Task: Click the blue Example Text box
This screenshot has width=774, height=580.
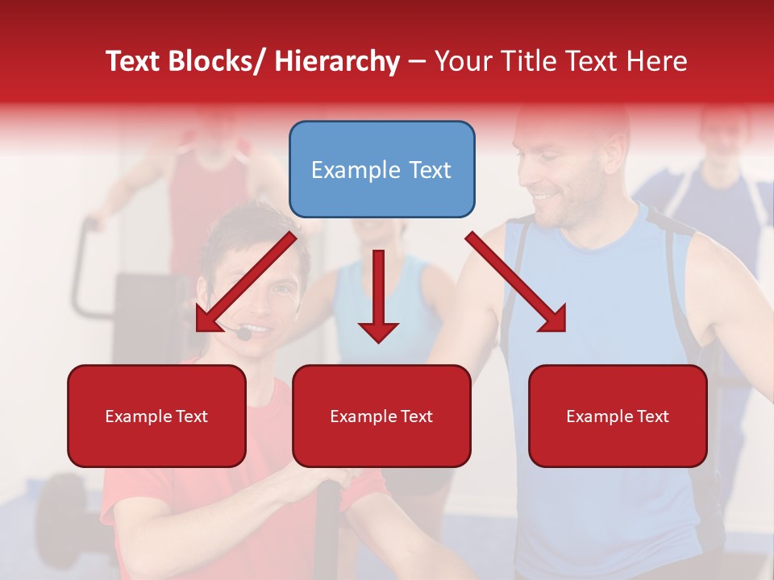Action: pos(381,169)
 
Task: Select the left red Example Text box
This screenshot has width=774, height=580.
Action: pos(156,416)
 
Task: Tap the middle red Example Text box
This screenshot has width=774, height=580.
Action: pos(381,416)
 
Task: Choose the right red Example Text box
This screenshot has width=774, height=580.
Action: pos(618,416)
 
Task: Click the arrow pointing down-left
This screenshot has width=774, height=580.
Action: pos(246,282)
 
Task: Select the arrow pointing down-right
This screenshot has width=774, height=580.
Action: pos(516,282)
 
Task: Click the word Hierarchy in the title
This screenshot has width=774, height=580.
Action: pos(337,61)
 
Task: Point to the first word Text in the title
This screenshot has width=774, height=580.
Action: pos(134,61)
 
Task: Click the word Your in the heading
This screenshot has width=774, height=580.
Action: pos(463,61)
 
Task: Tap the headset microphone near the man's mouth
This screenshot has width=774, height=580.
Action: pos(243,332)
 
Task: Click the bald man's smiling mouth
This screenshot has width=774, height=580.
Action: pos(547,196)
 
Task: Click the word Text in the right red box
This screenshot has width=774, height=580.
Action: pos(652,416)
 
